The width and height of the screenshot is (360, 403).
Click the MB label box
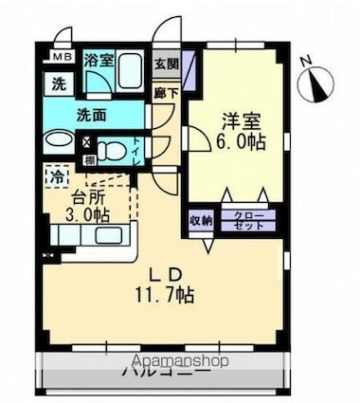click(x=58, y=59)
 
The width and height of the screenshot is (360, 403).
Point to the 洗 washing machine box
click(x=57, y=82)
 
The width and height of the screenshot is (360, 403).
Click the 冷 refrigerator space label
click(x=59, y=177)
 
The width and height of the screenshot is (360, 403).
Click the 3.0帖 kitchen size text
click(x=85, y=214)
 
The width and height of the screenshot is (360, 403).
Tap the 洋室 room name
click(x=235, y=122)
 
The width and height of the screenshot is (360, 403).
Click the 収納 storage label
click(x=202, y=220)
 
